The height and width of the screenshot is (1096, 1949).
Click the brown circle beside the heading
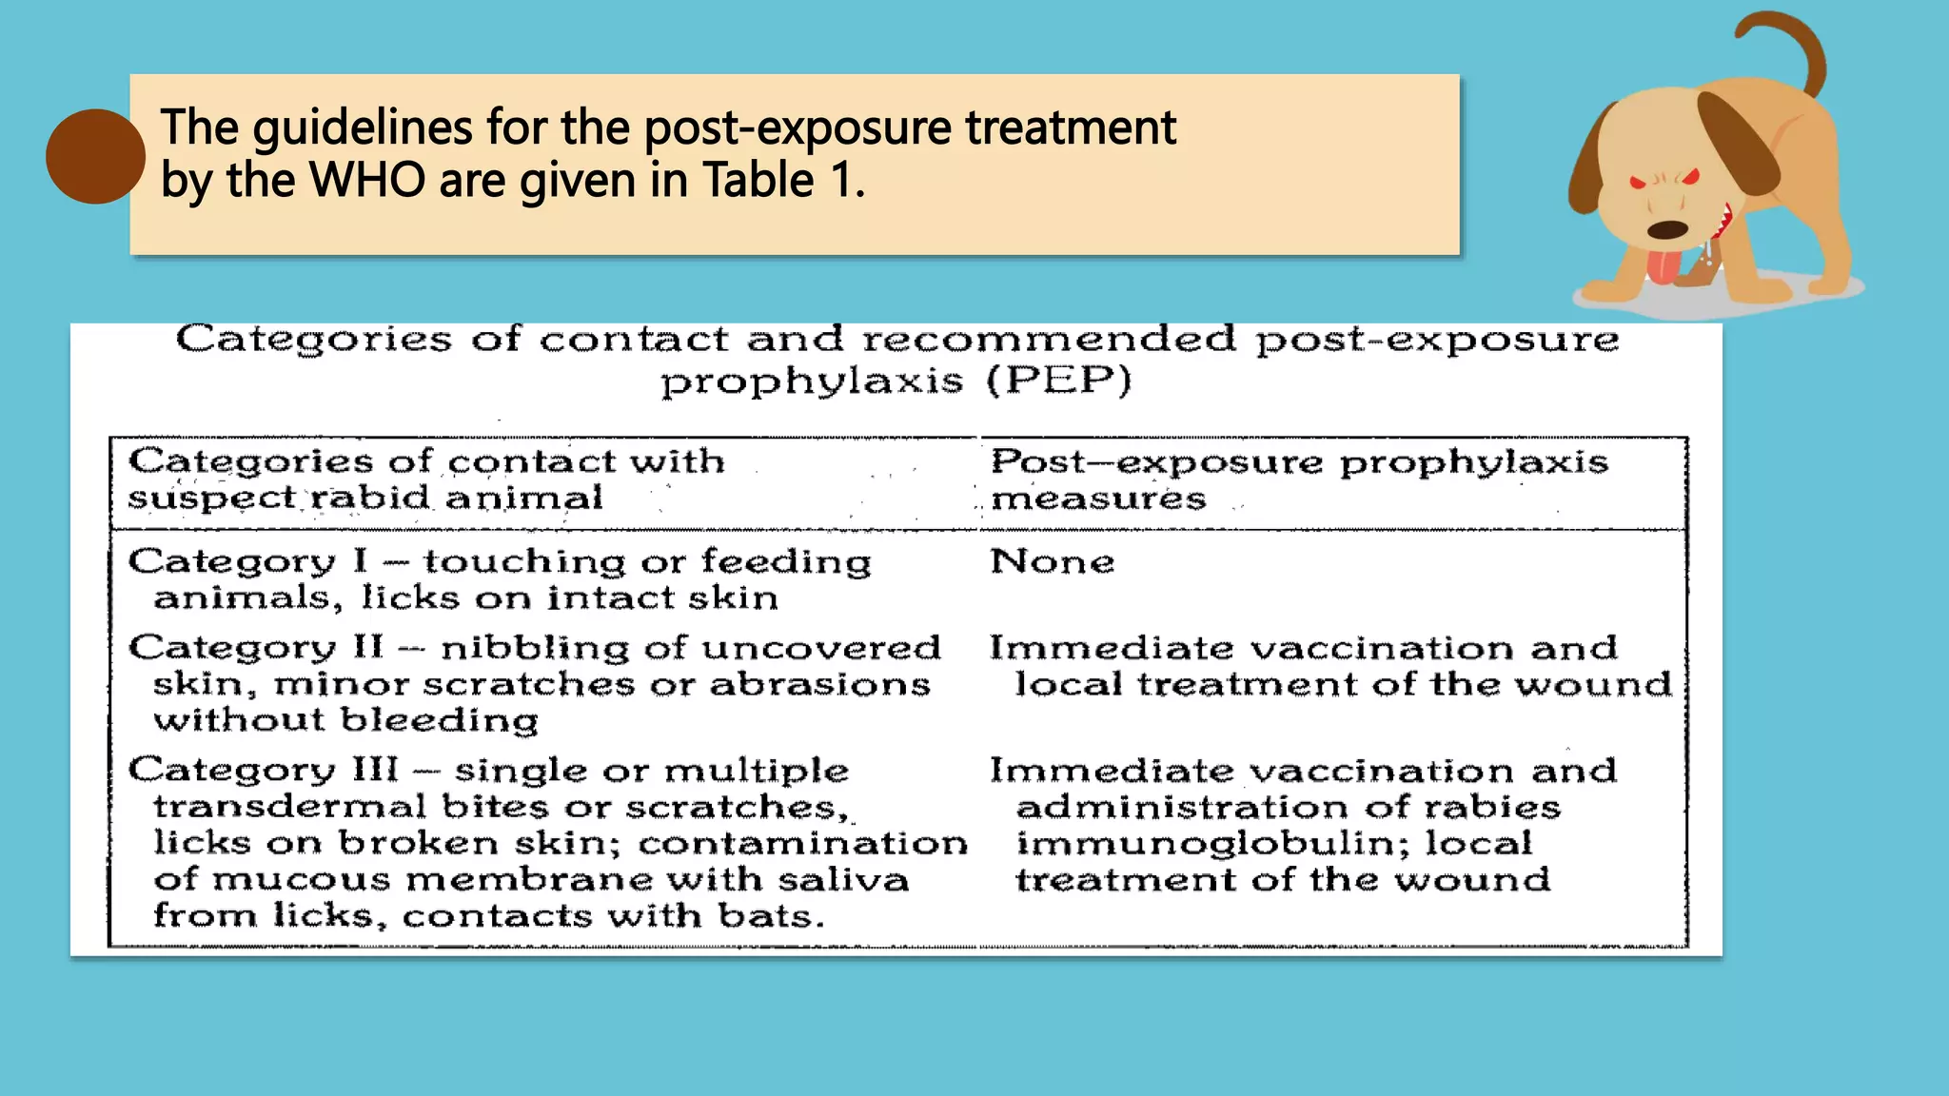pyautogui.click(x=95, y=156)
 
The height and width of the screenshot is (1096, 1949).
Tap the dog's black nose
pyautogui.click(x=1667, y=229)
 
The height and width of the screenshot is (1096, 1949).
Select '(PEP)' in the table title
pyautogui.click(x=1058, y=381)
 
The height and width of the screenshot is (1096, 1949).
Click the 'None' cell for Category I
pyautogui.click(x=1052, y=561)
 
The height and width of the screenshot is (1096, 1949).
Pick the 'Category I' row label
pyautogui.click(x=248, y=561)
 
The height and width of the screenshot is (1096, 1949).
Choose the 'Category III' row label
pyautogui.click(x=265, y=770)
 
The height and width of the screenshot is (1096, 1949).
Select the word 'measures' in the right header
pyautogui.click(x=1098, y=498)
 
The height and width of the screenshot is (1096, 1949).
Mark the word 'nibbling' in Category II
pyautogui.click(x=535, y=648)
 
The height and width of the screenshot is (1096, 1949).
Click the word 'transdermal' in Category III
pyautogui.click(x=289, y=807)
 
